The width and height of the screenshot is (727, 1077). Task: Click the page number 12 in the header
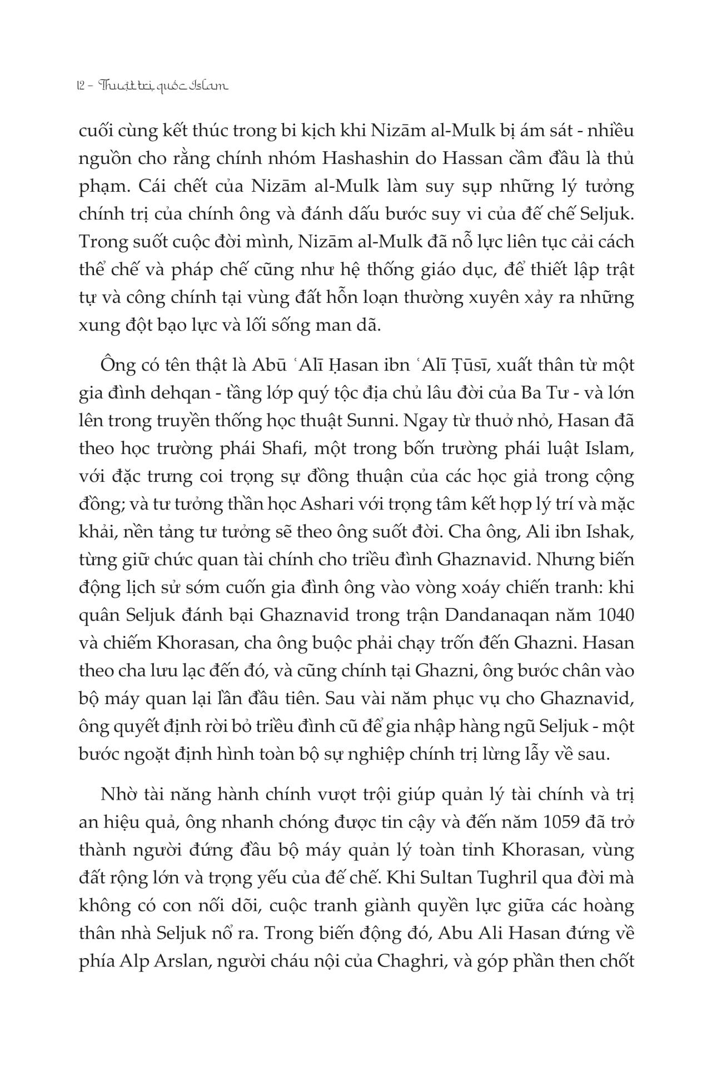coord(78,86)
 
